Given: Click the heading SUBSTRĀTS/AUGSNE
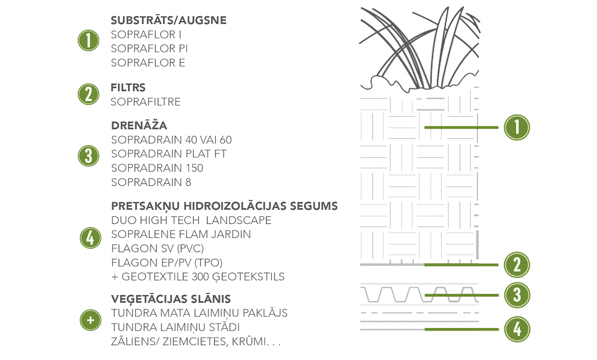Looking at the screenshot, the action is coord(169,20).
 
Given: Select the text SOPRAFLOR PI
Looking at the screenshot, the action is coord(149,49).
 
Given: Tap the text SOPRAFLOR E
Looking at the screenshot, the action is coord(148,63).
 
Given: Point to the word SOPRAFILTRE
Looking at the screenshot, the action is coord(146,102).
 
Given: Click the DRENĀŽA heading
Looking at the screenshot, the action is coord(139,125).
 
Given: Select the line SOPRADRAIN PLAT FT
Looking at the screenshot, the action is coord(169,154).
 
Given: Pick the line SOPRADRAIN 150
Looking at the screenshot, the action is coord(157,168).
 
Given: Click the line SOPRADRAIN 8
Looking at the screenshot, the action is coord(151,183).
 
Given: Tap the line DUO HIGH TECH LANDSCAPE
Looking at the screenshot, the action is coord(191,220).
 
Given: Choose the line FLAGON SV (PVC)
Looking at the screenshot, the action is coord(158,249).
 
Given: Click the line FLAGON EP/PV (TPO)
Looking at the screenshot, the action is coord(167,263).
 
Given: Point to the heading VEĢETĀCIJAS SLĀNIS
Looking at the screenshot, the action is coord(171,299).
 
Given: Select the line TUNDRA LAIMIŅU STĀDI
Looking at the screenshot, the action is coord(176,327).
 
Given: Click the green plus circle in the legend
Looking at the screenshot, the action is coord(90,320).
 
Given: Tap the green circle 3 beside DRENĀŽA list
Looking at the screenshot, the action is coord(88,156).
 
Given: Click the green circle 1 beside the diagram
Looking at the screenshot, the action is coord(517,127).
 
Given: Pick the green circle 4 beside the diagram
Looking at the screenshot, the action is coord(517,329).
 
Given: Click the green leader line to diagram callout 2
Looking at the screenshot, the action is coord(461,265).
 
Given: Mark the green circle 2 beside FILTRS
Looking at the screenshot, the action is coord(88,94).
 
